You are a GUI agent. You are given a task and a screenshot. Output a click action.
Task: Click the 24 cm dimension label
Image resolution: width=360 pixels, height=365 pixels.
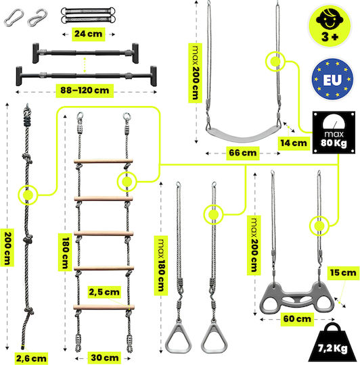(89, 34)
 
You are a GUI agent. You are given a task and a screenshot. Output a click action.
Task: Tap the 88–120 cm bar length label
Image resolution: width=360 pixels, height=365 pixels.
(85, 91)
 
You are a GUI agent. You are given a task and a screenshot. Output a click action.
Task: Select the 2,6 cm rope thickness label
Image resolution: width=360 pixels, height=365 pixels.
(31, 358)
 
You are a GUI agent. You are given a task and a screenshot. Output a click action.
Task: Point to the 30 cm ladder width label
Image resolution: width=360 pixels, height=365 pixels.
(104, 358)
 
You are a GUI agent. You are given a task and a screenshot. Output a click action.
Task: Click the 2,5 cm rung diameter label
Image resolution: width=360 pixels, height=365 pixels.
(104, 292)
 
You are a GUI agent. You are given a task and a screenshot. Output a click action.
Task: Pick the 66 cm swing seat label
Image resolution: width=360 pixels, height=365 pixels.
(242, 153)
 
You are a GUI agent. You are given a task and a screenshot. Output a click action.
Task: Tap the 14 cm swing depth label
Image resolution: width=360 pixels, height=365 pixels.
(294, 143)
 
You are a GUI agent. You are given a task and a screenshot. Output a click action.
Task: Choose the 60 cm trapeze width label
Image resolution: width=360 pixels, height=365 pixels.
(297, 319)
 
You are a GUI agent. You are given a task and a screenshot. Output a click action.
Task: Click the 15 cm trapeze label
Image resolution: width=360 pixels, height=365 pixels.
(343, 272)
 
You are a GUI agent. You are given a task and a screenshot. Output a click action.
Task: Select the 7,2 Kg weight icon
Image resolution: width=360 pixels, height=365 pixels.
(332, 343)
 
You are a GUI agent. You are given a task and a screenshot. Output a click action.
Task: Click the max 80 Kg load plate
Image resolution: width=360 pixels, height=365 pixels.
(334, 132)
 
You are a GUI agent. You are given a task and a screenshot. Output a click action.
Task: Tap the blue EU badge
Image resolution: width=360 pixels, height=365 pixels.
(332, 79)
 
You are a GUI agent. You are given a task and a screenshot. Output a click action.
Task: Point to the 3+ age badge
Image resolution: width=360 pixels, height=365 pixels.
(330, 26)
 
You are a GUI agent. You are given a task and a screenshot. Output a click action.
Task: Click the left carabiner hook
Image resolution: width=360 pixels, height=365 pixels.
(14, 18)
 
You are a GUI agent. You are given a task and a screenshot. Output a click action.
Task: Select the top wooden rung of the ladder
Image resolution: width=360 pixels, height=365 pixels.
(104, 161)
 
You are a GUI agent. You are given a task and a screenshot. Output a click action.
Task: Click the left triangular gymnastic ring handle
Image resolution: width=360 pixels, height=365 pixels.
(178, 337)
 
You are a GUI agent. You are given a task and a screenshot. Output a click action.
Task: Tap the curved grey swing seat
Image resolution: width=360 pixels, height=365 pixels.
(243, 135)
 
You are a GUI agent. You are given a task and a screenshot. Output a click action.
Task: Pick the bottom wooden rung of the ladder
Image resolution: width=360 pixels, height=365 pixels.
(104, 307)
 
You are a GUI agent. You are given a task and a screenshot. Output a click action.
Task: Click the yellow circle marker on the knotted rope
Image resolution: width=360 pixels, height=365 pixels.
(28, 195)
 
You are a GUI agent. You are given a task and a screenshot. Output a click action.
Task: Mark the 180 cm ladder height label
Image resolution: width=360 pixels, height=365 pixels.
(65, 253)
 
